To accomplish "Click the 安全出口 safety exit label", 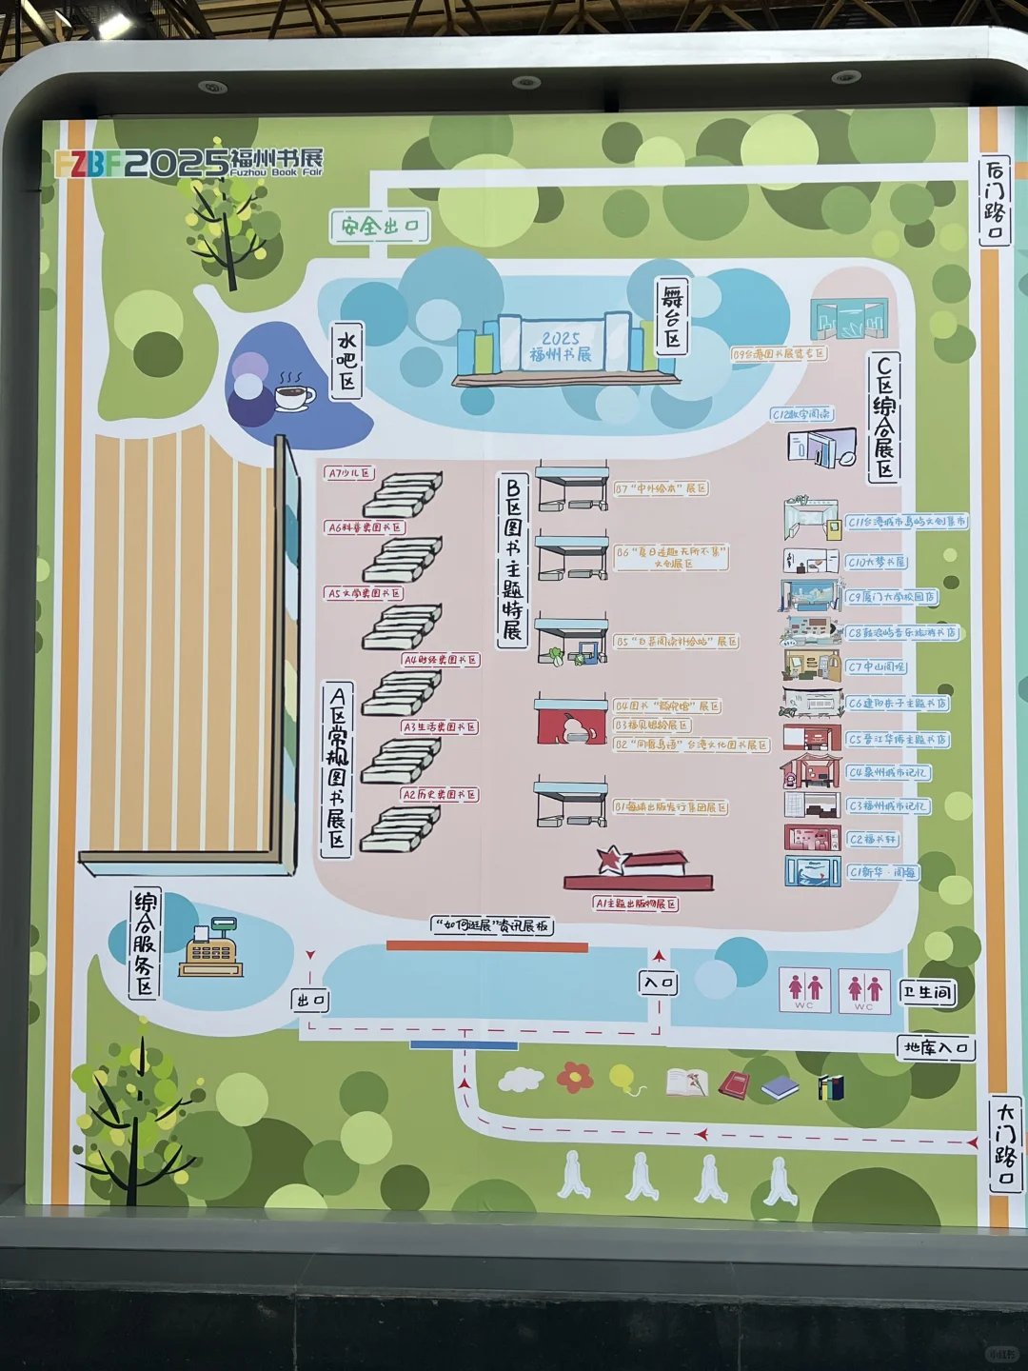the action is point(380,226).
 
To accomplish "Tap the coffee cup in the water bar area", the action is point(294,393).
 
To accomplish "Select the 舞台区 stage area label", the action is point(672,317).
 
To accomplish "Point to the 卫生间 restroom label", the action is point(927,992).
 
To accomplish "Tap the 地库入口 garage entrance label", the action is point(936,1048).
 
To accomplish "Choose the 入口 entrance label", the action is point(659,983).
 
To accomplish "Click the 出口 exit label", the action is point(310,1000).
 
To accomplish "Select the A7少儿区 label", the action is point(349,473).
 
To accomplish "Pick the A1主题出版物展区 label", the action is point(636,904).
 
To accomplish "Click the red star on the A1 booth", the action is point(609,860).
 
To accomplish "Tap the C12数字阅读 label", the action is point(801,414).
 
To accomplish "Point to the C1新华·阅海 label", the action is point(882,871).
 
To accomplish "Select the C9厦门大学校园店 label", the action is point(891,597).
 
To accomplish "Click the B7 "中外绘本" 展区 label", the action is point(661,488).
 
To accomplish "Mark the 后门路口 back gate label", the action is point(995,202).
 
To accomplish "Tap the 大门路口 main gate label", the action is point(1005,1143).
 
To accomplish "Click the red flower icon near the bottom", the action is point(575,1077).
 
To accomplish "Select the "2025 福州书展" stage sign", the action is point(561,346).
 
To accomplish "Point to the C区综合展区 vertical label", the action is point(884,417).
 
